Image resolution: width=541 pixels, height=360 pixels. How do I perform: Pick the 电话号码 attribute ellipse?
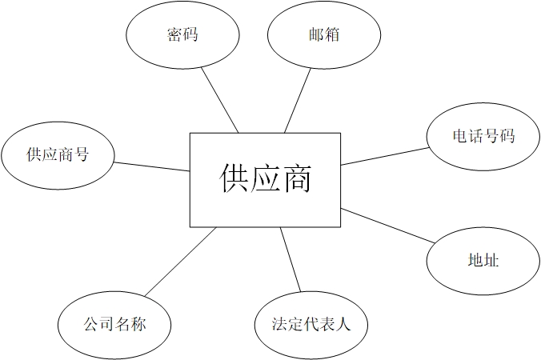coord(483,136)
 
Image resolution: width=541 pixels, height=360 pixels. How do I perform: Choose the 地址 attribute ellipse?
coord(483,260)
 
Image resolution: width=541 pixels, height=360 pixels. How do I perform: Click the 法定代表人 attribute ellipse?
coord(311,325)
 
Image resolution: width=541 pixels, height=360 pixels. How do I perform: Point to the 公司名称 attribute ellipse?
coord(114,325)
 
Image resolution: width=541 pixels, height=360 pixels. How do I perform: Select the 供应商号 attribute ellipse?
coord(57,154)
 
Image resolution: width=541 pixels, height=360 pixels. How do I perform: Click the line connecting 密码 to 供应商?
coord(220,99)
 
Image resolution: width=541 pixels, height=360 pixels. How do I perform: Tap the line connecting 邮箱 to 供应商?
coord(298,99)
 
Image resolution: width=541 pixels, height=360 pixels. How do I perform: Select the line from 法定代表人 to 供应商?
coord(291,259)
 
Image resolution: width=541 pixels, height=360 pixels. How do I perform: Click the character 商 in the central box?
coord(296,178)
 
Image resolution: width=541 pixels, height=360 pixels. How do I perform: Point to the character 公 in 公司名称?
coord(91,325)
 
